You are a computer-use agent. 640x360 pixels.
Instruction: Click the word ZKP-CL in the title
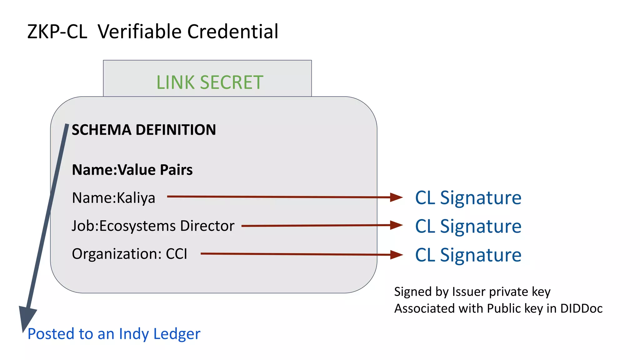point(57,32)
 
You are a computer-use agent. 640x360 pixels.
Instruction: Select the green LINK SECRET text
point(210,82)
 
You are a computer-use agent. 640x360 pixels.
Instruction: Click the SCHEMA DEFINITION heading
point(144,130)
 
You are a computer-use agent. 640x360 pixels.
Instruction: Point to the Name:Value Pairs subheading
point(132,170)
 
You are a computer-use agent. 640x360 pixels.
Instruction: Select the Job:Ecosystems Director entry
point(153,226)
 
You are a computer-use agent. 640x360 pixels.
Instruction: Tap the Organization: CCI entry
point(129,254)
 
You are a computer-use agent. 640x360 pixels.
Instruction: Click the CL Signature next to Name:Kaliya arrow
point(468,198)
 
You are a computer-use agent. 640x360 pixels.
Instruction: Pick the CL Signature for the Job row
point(468,226)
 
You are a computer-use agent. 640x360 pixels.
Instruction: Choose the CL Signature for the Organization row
point(468,255)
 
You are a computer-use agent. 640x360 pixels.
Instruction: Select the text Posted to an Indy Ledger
point(114,334)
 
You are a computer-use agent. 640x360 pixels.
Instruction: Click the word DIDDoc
point(581,309)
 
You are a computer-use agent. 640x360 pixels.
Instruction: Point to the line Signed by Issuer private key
point(472,292)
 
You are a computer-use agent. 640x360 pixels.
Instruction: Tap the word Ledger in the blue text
point(177,334)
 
